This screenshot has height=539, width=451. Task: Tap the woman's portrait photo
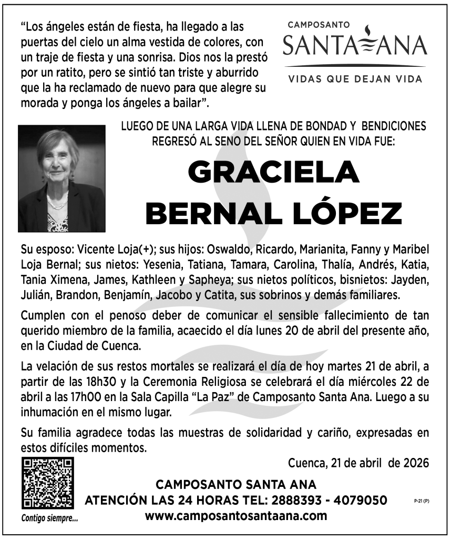tap(61, 178)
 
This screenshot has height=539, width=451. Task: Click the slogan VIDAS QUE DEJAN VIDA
tap(355, 79)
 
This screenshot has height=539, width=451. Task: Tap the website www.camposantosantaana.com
tap(235, 516)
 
